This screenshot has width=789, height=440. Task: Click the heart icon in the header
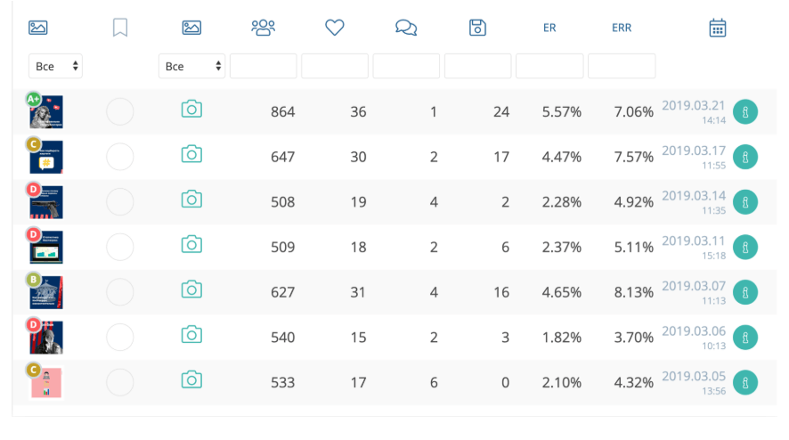(335, 28)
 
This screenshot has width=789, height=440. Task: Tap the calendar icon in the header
(718, 28)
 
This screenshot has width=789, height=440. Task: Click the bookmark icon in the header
(120, 28)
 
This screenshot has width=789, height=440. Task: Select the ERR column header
(622, 28)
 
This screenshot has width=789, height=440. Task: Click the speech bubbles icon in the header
(406, 28)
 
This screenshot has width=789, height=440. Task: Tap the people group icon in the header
(264, 28)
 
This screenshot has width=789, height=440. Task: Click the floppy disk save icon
(478, 28)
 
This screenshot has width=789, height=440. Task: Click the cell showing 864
(282, 112)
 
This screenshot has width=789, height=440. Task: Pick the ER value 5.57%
(561, 112)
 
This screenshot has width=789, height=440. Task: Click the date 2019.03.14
(694, 196)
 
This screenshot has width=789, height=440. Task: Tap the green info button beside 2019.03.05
(745, 382)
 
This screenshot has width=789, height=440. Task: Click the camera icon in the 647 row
(191, 154)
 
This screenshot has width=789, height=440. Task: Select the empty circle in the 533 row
(120, 382)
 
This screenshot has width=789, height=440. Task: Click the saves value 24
(501, 112)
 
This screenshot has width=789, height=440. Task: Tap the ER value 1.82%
(561, 338)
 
